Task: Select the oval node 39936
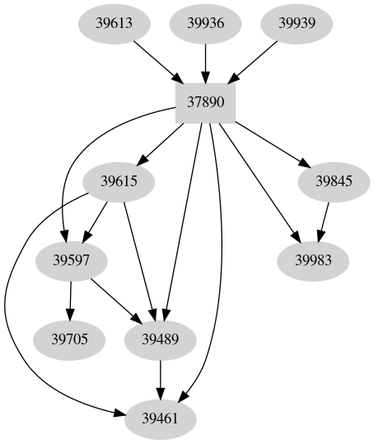(x=206, y=24)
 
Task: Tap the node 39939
(x=297, y=24)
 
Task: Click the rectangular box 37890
(x=206, y=104)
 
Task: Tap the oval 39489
(x=160, y=339)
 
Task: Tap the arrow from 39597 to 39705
(x=72, y=300)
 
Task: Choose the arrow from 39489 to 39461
(x=160, y=377)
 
